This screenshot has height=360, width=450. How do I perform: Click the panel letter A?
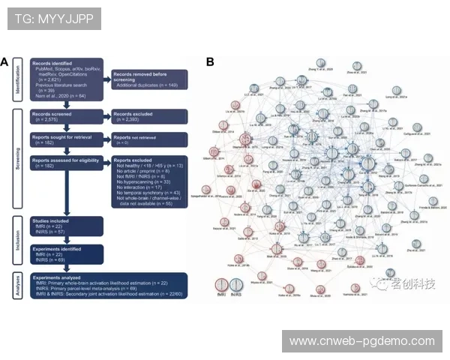(x=5, y=63)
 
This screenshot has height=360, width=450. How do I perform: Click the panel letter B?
(x=211, y=62)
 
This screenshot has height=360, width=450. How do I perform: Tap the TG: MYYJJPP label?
(x=53, y=19)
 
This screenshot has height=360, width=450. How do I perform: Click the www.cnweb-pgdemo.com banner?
(x=362, y=341)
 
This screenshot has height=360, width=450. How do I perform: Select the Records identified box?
(x=66, y=82)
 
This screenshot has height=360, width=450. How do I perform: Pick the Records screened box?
(x=66, y=116)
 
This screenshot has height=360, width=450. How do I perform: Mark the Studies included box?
(x=66, y=226)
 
